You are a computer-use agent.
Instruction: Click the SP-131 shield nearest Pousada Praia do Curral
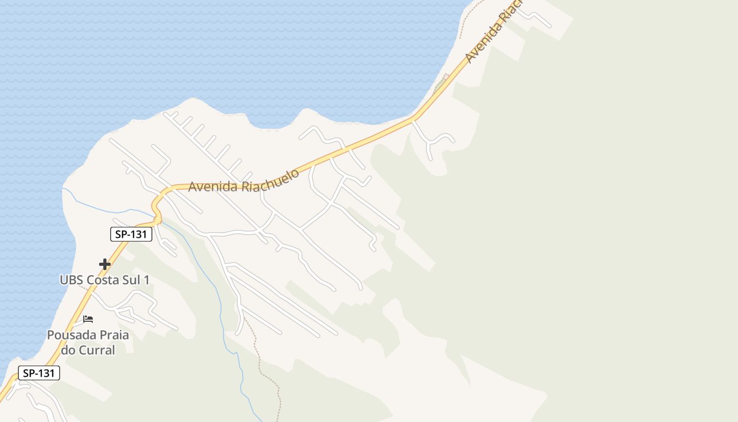coord(39,373)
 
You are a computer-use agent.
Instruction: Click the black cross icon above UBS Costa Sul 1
coord(105,264)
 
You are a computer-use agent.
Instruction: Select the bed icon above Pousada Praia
coord(88,319)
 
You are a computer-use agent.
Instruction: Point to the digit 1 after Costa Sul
coord(146,280)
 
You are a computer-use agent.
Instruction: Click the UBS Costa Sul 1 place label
coord(104,280)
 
